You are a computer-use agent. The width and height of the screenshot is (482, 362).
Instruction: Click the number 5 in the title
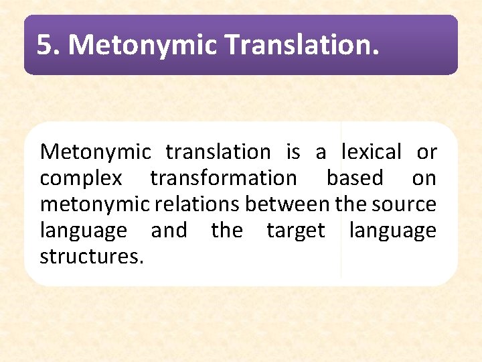[44, 45]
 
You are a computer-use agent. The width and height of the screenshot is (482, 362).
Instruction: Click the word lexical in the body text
[371, 152]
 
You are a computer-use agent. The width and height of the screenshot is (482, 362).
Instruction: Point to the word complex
[81, 178]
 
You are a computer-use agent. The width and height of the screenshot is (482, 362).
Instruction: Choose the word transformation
[223, 178]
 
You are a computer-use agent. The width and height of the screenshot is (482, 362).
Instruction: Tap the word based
[355, 178]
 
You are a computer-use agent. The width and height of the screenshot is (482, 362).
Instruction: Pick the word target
[295, 231]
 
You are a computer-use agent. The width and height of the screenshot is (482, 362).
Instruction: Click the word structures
[92, 256]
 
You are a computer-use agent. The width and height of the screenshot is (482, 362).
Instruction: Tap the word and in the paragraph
[169, 231]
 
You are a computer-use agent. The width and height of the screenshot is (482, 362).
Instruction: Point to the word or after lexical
[426, 152]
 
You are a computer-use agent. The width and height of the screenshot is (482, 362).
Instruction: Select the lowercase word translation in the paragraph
[218, 152]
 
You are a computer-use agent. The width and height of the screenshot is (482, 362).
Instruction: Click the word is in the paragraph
[293, 152]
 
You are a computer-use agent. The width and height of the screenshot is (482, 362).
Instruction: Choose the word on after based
[424, 178]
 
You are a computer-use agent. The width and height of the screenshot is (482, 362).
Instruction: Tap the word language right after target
[392, 231]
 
